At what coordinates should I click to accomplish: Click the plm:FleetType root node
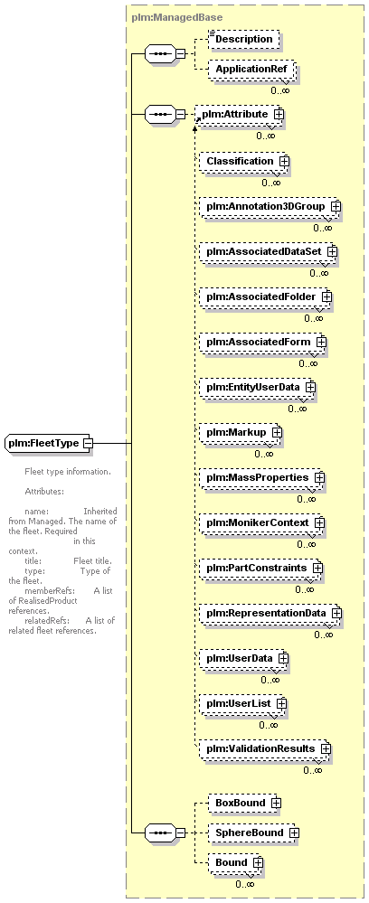[50, 443]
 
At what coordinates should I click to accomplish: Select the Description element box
[243, 39]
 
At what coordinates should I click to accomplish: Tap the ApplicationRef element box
[252, 70]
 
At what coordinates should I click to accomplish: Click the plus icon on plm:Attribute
[279, 114]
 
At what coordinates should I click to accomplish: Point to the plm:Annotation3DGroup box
[270, 206]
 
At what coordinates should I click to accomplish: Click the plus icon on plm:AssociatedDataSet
[332, 251]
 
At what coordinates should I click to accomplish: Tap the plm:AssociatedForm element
[262, 342]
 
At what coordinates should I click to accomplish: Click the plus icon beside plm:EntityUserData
[310, 387]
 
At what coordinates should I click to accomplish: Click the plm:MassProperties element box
[261, 477]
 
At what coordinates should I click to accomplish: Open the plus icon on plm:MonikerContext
[319, 522]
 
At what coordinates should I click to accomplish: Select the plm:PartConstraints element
[260, 568]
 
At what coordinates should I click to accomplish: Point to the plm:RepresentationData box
[270, 613]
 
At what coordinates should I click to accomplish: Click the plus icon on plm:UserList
[281, 703]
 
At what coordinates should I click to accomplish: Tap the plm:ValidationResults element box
[265, 748]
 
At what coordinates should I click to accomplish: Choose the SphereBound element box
[253, 832]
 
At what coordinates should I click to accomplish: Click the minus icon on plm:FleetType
[88, 444]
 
